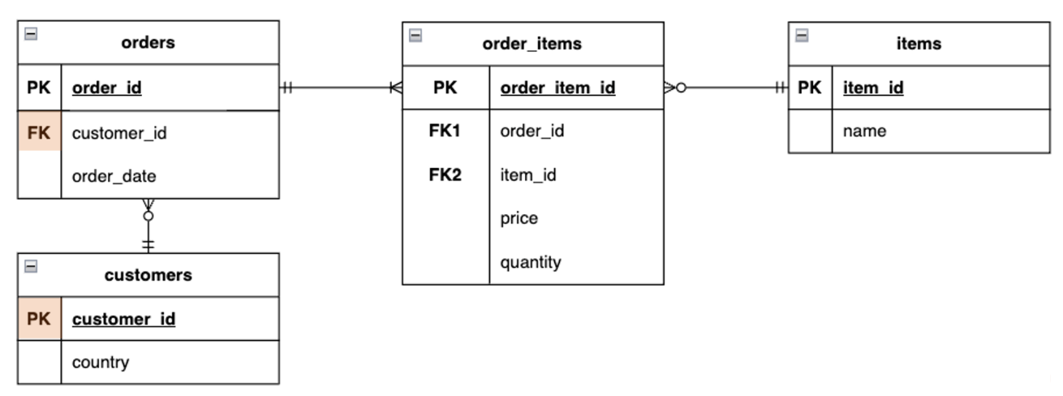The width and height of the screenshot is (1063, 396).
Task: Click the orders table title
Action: [x=148, y=42]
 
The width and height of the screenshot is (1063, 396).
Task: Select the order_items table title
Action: [x=532, y=44]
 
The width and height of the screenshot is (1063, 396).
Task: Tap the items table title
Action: [x=919, y=44]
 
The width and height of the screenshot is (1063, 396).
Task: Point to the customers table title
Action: [x=148, y=275]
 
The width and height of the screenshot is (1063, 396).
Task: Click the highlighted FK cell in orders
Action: [x=39, y=133]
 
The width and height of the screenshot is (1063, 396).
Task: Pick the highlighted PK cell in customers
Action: [x=39, y=319]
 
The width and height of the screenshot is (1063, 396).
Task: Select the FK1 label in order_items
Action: [x=445, y=131]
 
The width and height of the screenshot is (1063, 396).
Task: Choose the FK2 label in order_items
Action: [x=445, y=174]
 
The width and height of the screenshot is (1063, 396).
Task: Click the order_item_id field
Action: [x=557, y=88]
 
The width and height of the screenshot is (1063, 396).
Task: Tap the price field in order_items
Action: [x=519, y=218]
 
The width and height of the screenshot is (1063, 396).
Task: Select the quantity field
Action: [x=530, y=262]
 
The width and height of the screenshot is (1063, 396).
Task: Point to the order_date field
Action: [x=114, y=176]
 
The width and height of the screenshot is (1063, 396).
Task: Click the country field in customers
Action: [x=101, y=362]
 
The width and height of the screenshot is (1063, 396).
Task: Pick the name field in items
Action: [x=864, y=131]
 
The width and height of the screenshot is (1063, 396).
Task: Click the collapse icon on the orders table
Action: [x=31, y=34]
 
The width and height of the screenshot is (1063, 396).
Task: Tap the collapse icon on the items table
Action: [x=802, y=36]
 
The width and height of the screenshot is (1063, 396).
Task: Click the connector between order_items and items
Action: [x=730, y=88]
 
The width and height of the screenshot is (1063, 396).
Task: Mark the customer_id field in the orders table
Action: [x=119, y=133]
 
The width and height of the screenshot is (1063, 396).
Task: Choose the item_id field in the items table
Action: [x=873, y=88]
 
